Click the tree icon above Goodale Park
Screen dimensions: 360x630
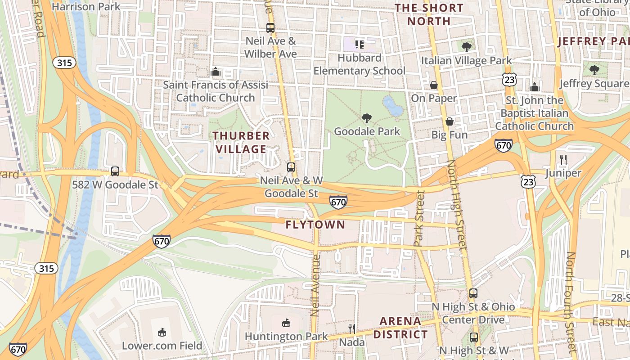(x=367, y=118)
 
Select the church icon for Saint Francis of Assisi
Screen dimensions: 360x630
(x=216, y=72)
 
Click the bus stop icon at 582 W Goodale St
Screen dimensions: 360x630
(x=115, y=171)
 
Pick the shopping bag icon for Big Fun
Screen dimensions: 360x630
(x=449, y=121)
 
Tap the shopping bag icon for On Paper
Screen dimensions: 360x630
(x=434, y=85)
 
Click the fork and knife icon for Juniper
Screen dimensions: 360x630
(x=562, y=159)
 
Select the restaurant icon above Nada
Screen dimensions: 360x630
(x=351, y=329)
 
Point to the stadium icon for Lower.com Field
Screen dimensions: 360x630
(x=162, y=332)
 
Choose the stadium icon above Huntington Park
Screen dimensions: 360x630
(x=286, y=323)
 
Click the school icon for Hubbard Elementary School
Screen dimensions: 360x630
(x=359, y=44)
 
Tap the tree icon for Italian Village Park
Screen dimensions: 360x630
(x=467, y=47)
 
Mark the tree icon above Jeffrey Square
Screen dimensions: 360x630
(x=594, y=70)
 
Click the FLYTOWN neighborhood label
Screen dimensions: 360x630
(x=315, y=225)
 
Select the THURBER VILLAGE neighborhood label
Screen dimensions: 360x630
(x=241, y=142)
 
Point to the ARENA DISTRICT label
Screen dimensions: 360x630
(x=400, y=328)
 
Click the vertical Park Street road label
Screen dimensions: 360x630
(x=419, y=219)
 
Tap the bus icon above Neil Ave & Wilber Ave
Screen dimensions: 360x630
(x=270, y=28)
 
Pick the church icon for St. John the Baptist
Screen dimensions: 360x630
(x=534, y=87)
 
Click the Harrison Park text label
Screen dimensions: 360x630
(x=86, y=7)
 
